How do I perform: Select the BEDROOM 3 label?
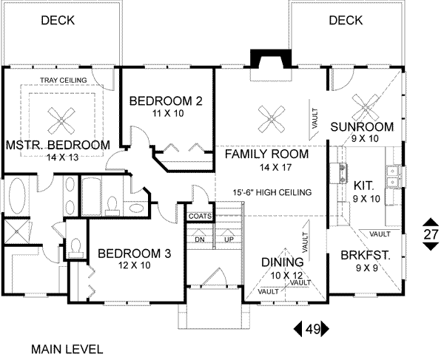134,254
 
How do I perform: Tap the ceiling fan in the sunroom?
366,106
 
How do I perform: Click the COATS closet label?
200,217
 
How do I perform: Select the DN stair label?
199,239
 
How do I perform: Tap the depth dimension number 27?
431,234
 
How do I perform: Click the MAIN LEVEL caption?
67,348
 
